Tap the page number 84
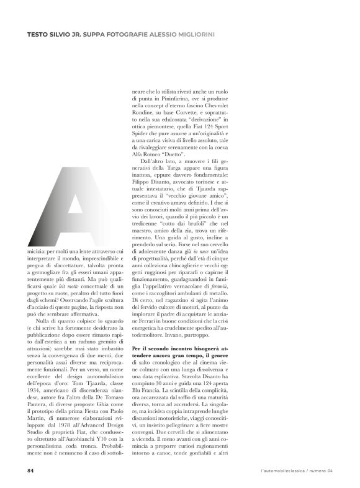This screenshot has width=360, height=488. click(29, 470)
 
